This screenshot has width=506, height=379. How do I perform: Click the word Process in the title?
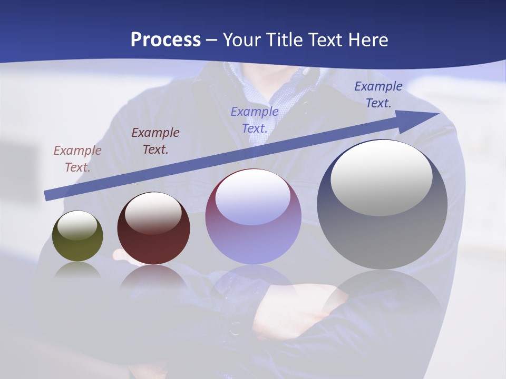pos(166,40)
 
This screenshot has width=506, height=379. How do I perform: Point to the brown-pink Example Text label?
pos(77,158)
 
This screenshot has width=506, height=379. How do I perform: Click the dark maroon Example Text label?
pos(155,141)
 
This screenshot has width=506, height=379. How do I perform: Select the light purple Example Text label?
pos(255,119)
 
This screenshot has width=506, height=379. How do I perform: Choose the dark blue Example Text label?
pos(378,95)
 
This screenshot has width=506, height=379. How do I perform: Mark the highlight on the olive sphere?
pos(77,225)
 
